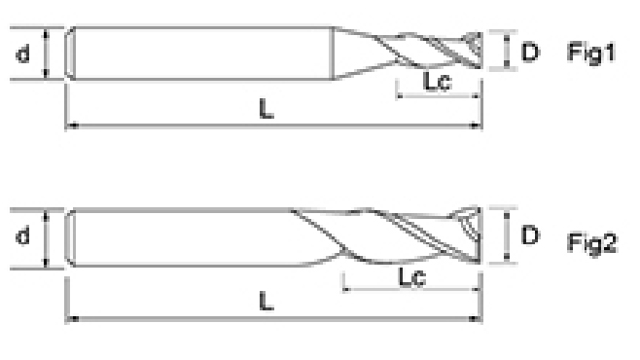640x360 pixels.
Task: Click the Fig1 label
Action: (591, 53)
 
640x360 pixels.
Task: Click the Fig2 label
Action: (591, 242)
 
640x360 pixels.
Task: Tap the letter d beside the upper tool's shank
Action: (23, 54)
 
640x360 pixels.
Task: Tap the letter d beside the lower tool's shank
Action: (23, 235)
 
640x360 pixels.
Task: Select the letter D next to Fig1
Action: (530, 52)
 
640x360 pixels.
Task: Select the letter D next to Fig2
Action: (530, 235)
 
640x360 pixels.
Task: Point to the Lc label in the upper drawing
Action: (438, 81)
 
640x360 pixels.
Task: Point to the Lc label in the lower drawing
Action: (411, 277)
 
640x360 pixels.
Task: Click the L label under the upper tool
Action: (267, 109)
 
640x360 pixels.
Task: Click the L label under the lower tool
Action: (267, 302)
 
